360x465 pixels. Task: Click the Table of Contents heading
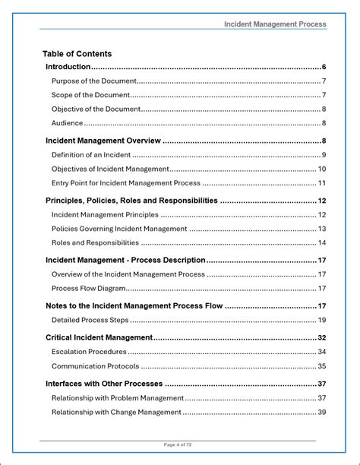click(x=77, y=54)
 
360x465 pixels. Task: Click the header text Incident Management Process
click(x=275, y=24)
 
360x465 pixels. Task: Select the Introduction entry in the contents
click(x=68, y=67)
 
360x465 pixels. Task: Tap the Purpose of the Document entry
click(x=93, y=81)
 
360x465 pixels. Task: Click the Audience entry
click(x=67, y=123)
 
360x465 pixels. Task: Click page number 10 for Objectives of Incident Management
click(x=322, y=169)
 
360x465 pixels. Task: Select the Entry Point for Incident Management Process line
click(x=125, y=183)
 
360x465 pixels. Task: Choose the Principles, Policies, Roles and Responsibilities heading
click(x=131, y=201)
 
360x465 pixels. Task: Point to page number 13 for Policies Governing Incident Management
click(x=322, y=229)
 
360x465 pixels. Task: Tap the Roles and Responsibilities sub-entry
click(x=95, y=243)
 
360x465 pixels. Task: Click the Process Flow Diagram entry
click(x=89, y=289)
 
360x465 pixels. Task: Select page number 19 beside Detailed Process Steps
click(x=322, y=321)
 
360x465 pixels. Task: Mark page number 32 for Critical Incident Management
click(x=322, y=337)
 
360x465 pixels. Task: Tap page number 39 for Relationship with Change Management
click(x=322, y=413)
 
